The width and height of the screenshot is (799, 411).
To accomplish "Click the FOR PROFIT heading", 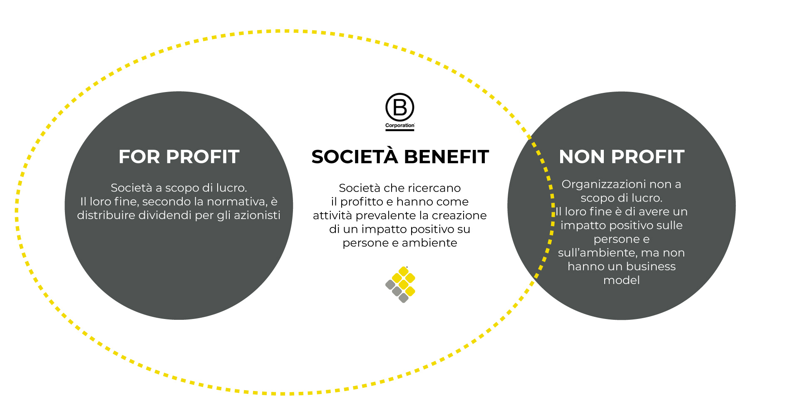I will click(179, 157).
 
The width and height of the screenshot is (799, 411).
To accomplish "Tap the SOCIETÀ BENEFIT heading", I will click(400, 157).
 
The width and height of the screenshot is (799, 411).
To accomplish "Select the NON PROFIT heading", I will click(621, 157).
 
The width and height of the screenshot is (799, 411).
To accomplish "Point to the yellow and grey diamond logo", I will click(400, 284).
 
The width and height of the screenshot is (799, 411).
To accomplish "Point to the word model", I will click(621, 280).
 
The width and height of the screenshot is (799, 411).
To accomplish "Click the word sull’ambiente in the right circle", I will click(593, 253).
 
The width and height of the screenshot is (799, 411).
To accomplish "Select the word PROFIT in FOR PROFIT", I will click(203, 157).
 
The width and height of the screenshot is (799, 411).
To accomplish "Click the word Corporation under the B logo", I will click(399, 125).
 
